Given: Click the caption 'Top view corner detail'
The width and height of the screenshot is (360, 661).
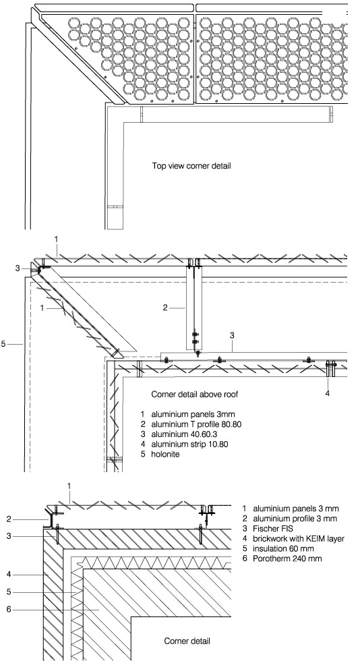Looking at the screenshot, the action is (x=191, y=166).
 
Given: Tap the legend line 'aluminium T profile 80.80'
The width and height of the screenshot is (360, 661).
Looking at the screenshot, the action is (x=196, y=424).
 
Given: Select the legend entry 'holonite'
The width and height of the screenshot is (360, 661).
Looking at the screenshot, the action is (x=166, y=455).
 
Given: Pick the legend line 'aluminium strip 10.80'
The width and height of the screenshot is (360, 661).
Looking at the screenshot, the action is (x=190, y=444).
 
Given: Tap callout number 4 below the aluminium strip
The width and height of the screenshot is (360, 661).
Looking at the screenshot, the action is (x=328, y=393).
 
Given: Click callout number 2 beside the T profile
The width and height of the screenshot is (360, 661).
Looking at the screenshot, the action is (x=165, y=308).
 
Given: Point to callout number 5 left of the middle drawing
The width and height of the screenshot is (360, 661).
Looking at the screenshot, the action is (x=3, y=344).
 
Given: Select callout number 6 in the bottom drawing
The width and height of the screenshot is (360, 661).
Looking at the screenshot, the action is (x=9, y=610).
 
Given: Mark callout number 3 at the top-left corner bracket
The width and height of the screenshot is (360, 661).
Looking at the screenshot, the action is (x=18, y=268).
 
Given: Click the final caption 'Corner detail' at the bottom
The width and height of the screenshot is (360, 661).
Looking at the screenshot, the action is (x=187, y=641).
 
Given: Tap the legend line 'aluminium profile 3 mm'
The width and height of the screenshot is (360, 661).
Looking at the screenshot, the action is (x=295, y=519).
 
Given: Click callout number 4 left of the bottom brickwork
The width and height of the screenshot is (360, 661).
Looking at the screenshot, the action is (x=9, y=574).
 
